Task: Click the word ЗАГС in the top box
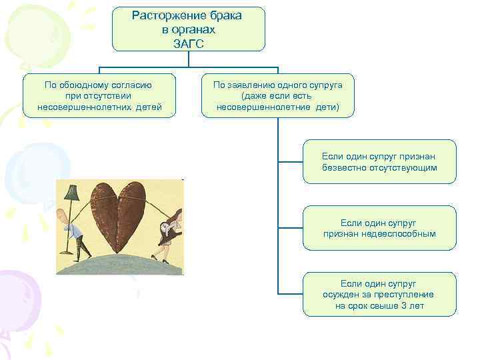click(x=189, y=43)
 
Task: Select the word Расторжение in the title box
click(x=161, y=15)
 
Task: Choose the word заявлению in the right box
click(x=252, y=85)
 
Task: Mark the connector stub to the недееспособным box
click(x=291, y=228)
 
